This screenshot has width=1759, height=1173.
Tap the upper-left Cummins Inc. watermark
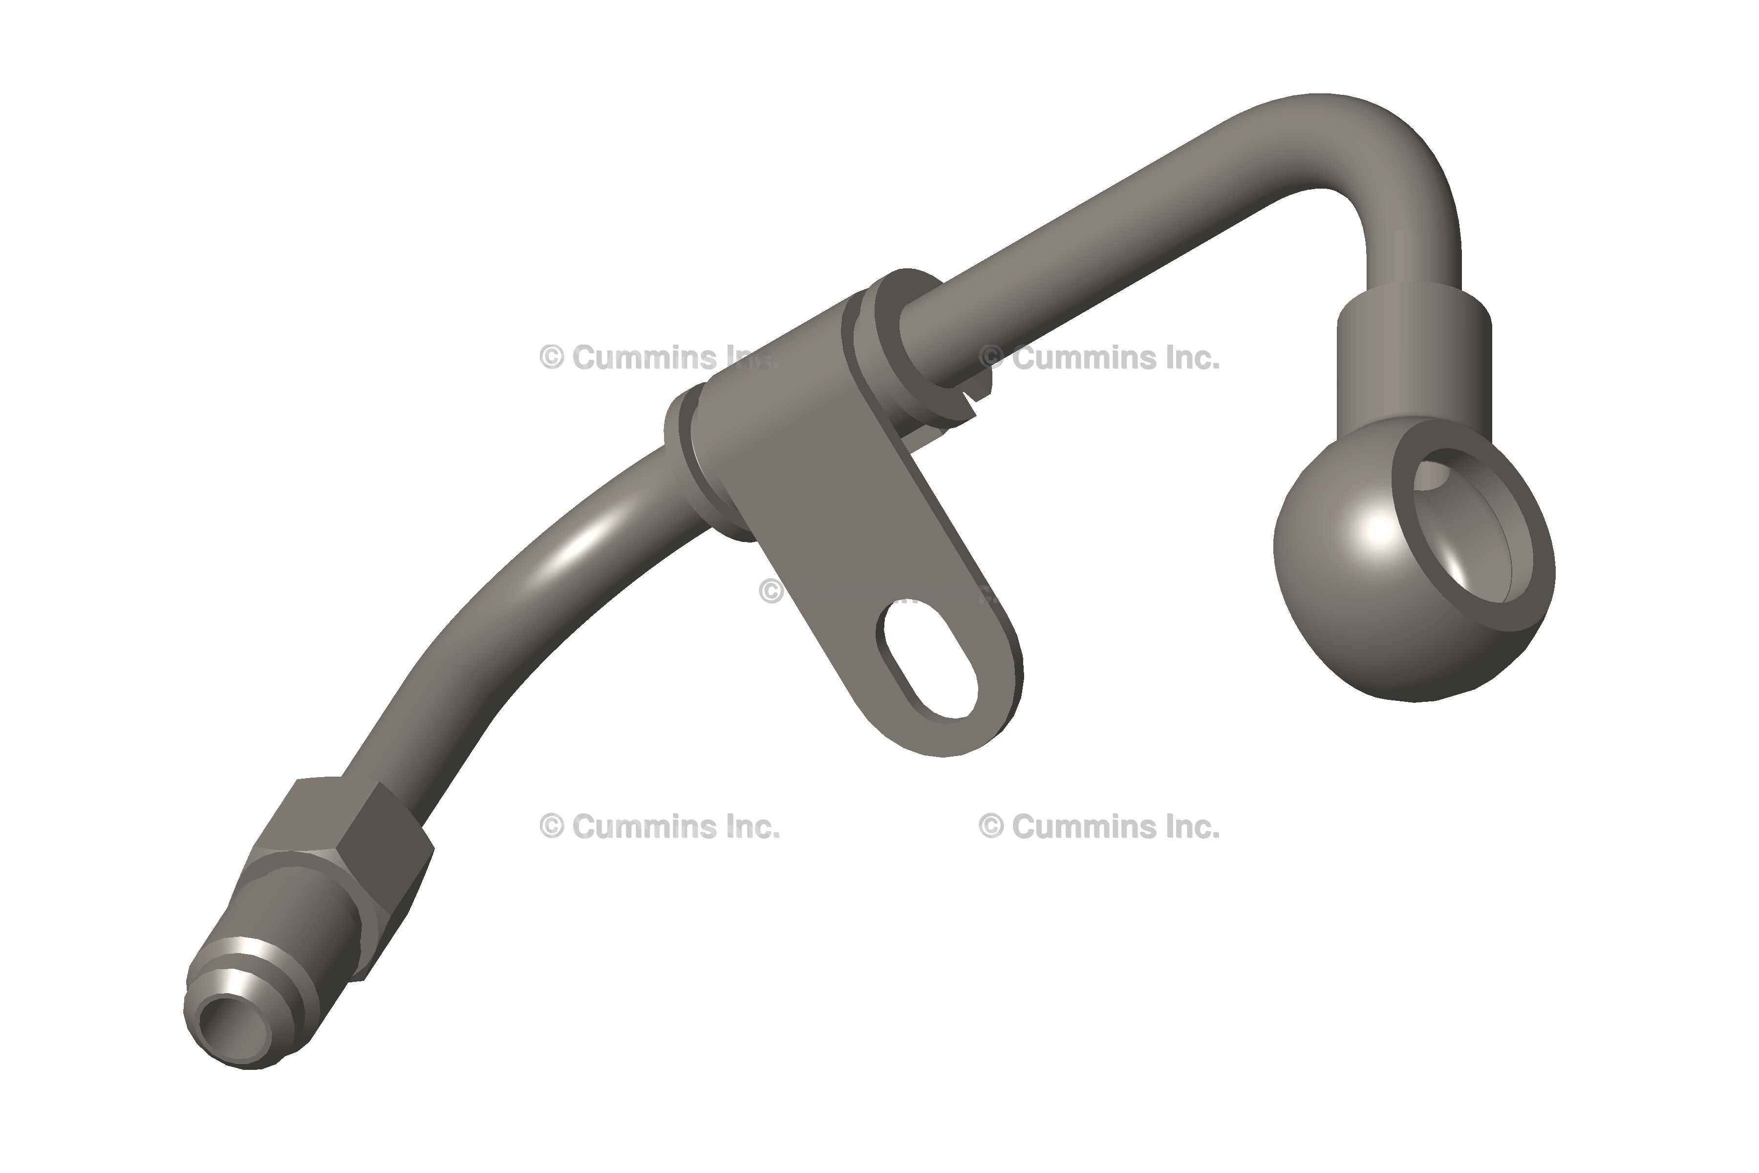[658, 358]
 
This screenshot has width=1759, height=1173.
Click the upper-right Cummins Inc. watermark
[1099, 358]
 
